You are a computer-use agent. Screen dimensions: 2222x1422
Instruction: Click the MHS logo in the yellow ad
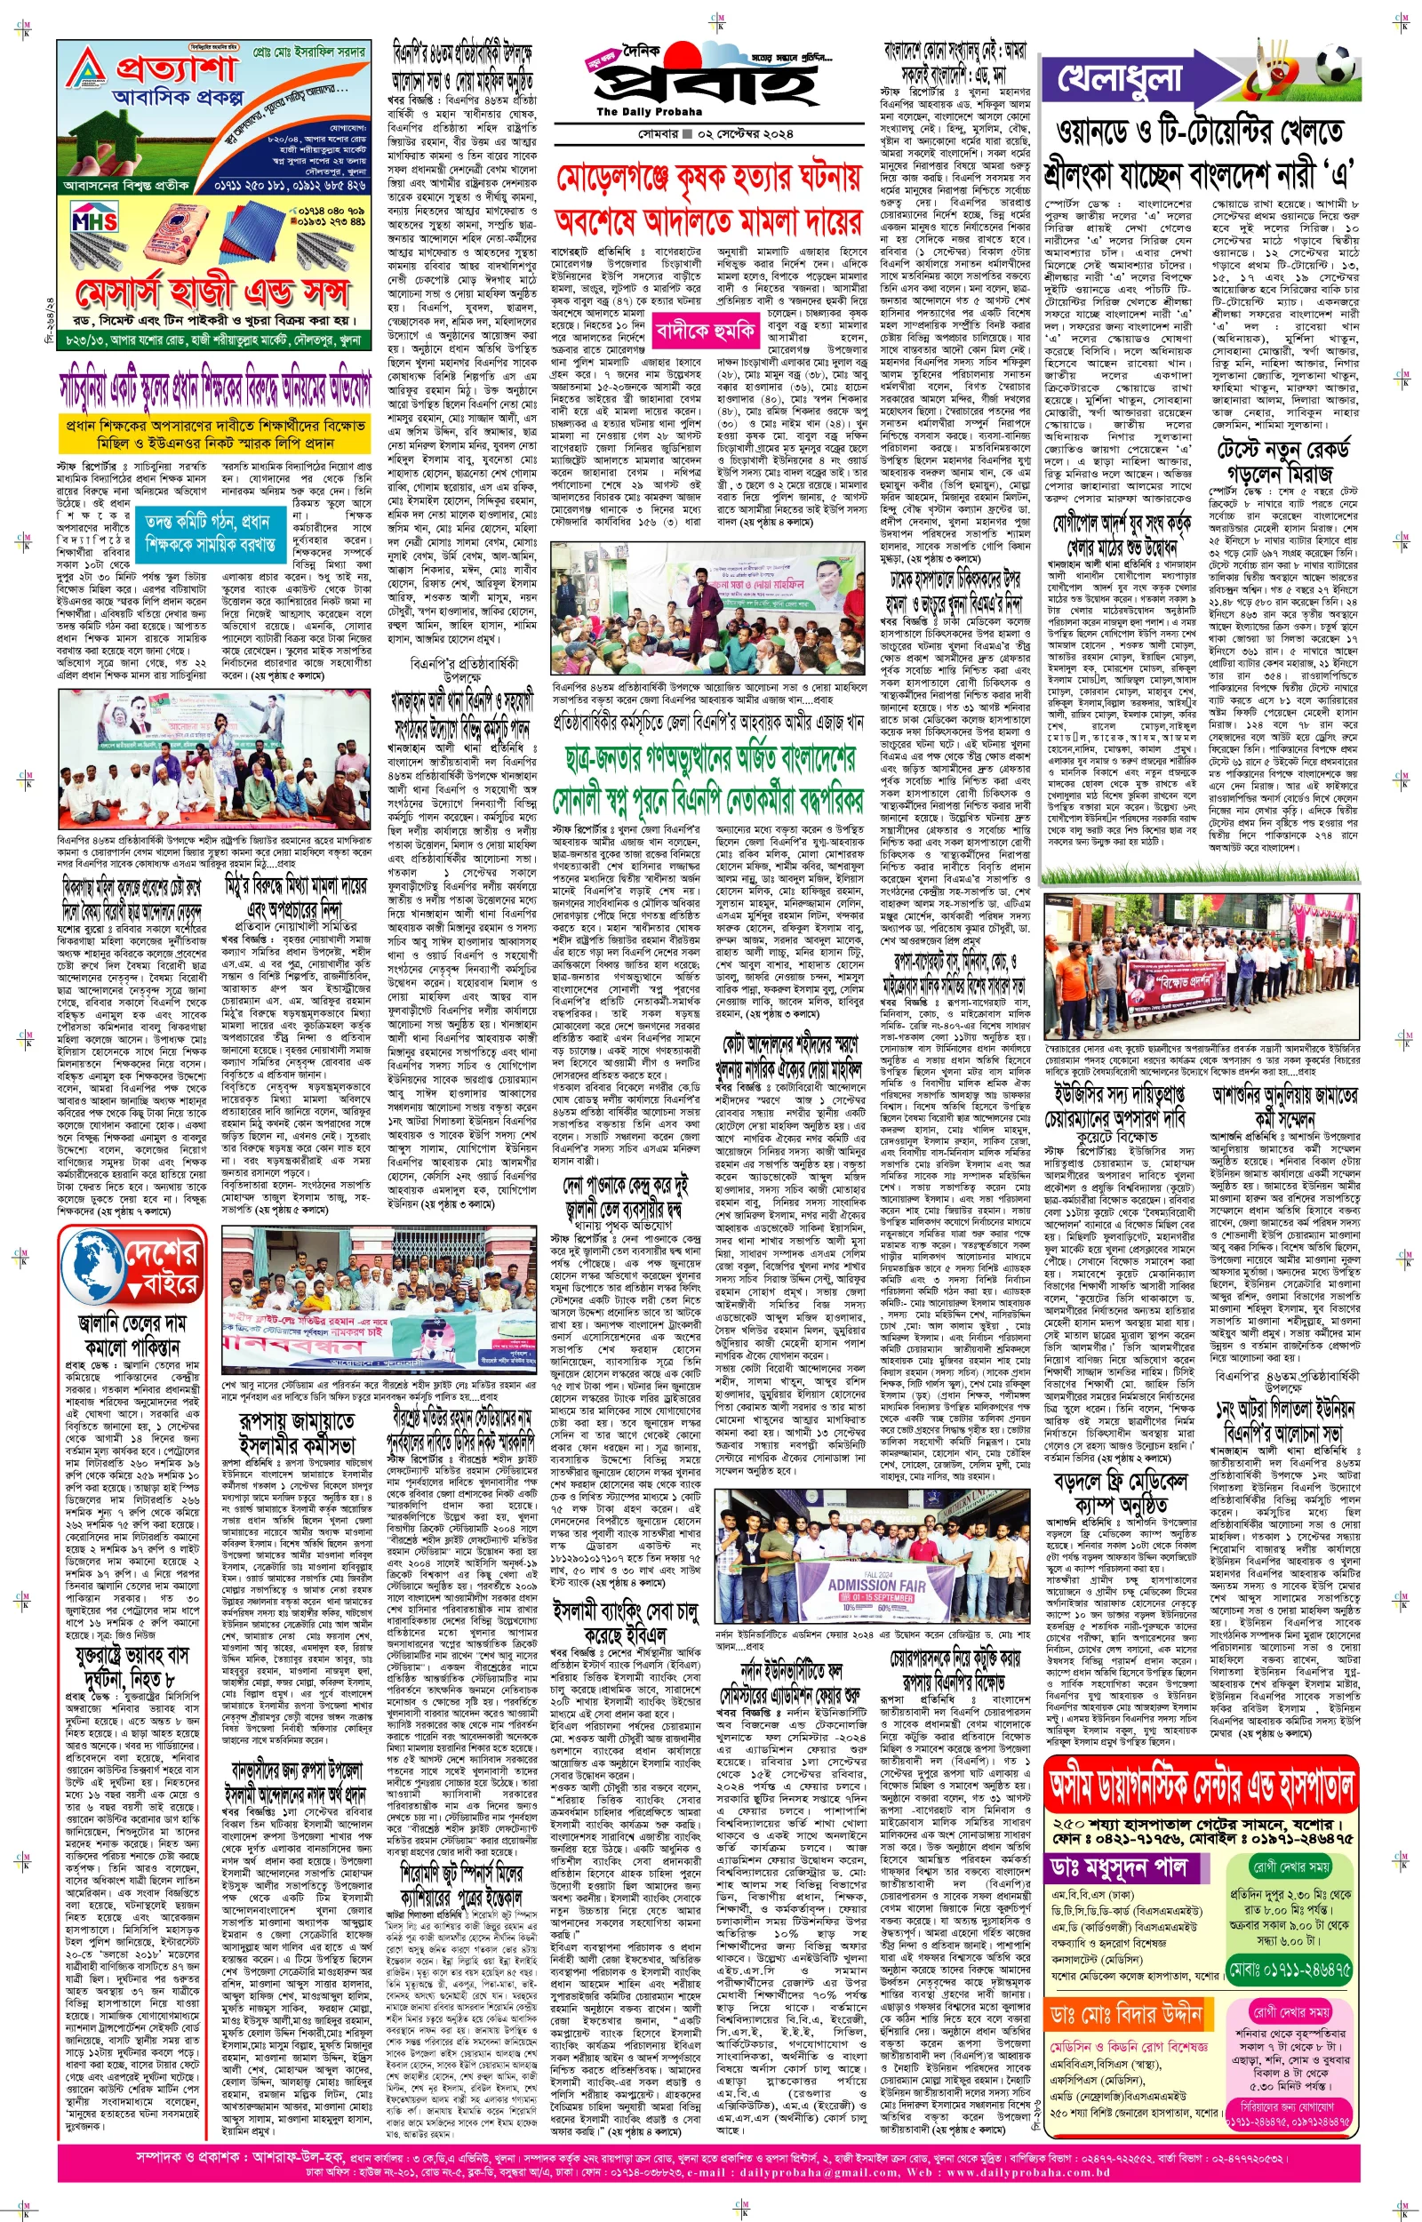94,221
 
